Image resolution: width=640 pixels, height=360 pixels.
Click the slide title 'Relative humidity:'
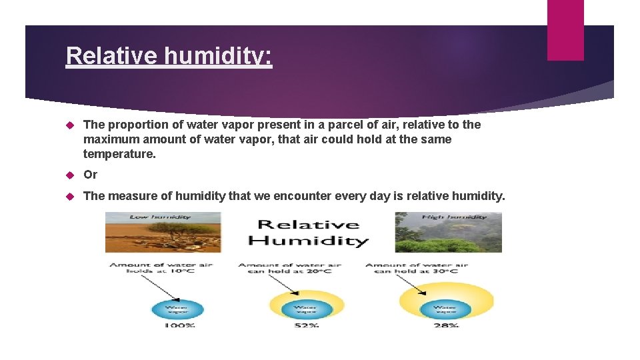click(169, 55)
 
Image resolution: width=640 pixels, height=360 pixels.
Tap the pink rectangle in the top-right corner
click(565, 30)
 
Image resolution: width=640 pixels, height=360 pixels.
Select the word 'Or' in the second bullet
click(90, 175)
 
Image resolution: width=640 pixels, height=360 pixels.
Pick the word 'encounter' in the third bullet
click(291, 196)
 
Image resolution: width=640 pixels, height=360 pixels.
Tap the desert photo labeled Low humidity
click(163, 232)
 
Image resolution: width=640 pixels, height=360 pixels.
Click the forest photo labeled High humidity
click(448, 232)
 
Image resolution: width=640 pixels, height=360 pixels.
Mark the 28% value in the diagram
click(445, 325)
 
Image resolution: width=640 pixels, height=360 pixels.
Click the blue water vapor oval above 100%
click(177, 309)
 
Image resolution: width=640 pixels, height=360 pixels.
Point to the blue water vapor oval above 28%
click(445, 309)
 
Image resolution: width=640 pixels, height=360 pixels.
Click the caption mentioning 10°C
click(161, 268)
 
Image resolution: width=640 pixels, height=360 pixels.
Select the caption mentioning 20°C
click(289, 268)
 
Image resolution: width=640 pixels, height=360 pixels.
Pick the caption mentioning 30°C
click(417, 268)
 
